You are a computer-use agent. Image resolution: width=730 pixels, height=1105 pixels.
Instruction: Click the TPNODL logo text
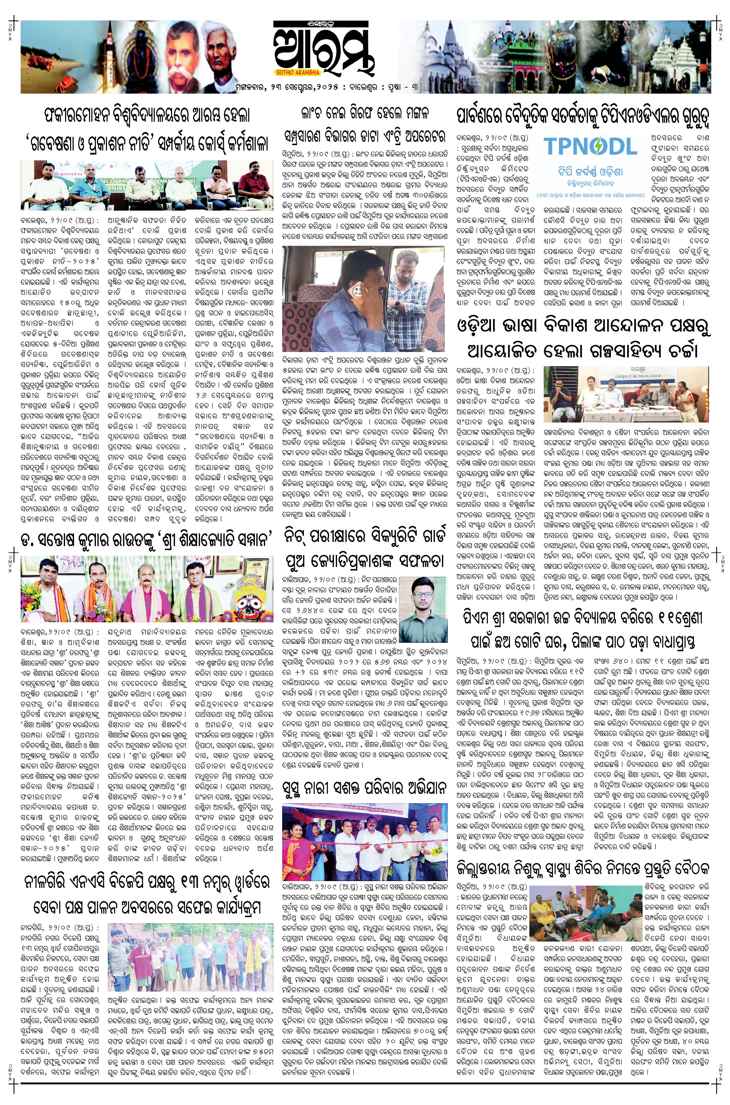point(590,147)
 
